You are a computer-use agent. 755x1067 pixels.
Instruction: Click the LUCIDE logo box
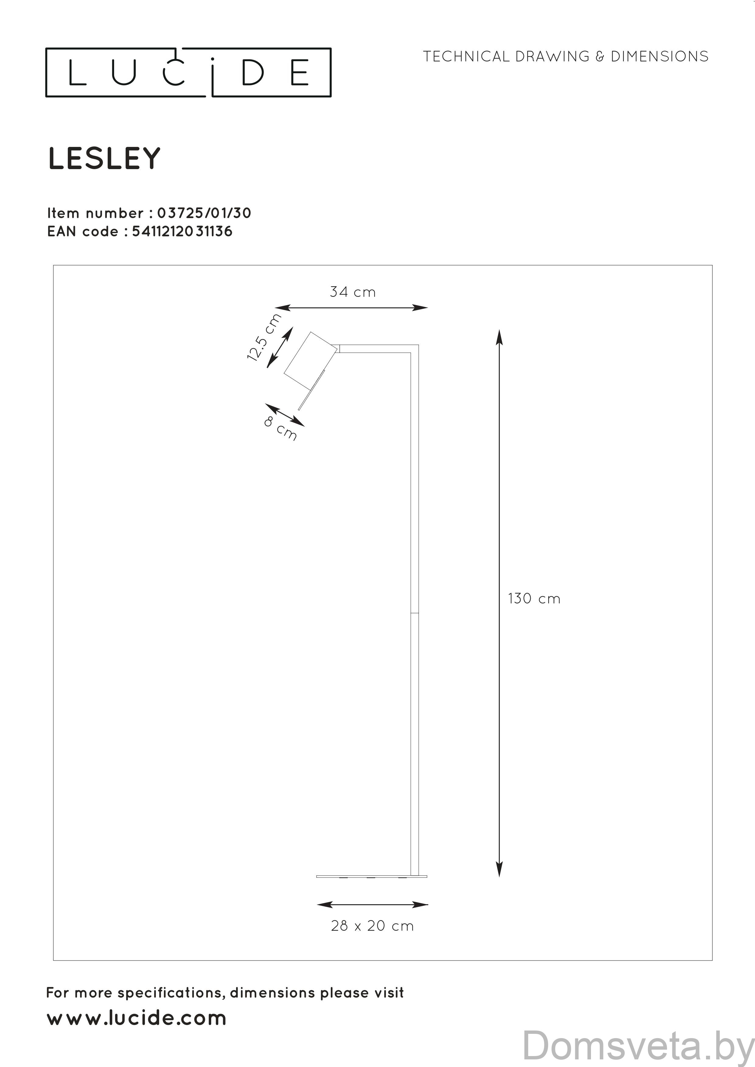(188, 72)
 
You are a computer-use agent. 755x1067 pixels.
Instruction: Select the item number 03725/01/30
(204, 213)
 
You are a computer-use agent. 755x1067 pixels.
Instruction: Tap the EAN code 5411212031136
(182, 231)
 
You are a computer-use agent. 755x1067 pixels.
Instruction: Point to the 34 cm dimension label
(352, 292)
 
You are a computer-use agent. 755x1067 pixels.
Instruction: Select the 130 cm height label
(534, 599)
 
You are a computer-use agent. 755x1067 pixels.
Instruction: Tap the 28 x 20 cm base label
(372, 926)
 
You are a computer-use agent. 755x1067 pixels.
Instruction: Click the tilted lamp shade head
(310, 361)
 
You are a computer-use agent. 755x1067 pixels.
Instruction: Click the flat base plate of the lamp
(372, 877)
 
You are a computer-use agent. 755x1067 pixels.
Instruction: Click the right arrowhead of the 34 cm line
(422, 308)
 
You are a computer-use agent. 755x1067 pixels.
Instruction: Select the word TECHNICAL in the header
(467, 57)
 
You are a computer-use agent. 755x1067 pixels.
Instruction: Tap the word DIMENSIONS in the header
(659, 57)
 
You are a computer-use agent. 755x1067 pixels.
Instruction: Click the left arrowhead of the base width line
(323, 904)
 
